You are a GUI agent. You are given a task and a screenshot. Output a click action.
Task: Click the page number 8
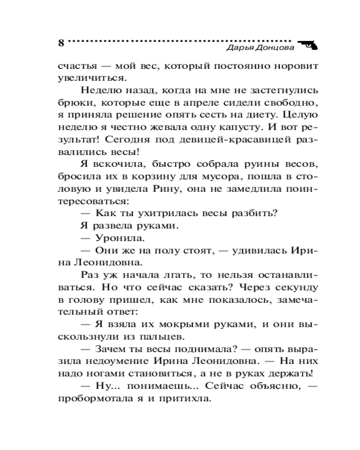click(61, 44)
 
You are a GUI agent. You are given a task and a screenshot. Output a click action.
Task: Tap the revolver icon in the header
click(307, 44)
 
